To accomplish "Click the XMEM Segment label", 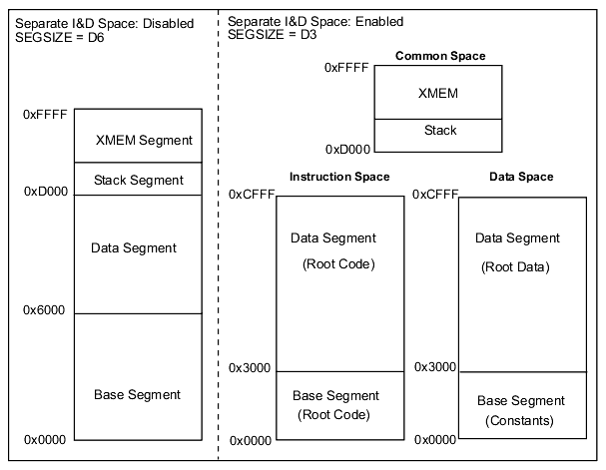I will click(144, 141).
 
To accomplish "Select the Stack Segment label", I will click(139, 181).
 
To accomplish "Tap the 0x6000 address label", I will click(44, 310).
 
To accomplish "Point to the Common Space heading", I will click(440, 56).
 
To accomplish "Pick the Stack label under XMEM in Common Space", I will click(440, 131).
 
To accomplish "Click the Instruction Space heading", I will click(339, 177).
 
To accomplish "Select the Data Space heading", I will click(521, 177).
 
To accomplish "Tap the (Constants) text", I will click(520, 421).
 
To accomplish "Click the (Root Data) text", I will click(515, 267).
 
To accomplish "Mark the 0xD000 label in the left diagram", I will click(45, 191).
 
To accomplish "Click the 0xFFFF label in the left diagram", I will click(45, 115).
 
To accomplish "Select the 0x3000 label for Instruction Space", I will click(250, 368).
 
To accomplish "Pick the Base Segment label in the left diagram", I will click(137, 395).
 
